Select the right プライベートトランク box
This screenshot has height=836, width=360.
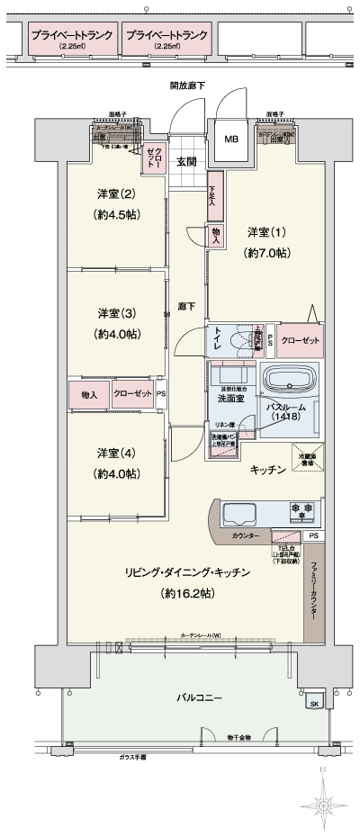coord(167,40)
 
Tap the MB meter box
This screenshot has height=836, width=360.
coord(230,139)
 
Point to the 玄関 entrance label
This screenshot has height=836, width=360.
coord(186,162)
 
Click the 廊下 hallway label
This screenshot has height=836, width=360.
coord(186,305)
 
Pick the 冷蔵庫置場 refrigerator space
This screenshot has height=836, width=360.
coord(305,457)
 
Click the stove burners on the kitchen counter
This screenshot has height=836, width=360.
coord(300,510)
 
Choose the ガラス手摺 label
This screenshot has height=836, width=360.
coord(132,759)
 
